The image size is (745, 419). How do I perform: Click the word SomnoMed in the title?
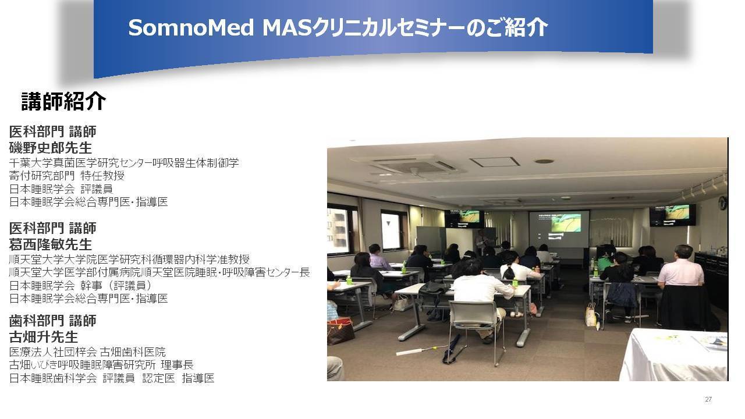point(191,27)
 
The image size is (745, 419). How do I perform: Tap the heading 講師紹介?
point(63,101)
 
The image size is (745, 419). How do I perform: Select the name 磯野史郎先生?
point(50,148)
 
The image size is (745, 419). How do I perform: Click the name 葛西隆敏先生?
point(50,244)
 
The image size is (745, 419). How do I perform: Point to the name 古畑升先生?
point(44,337)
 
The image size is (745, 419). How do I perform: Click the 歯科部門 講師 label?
point(52,321)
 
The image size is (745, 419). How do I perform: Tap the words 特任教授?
point(102,176)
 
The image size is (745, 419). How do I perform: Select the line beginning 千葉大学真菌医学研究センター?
point(124,162)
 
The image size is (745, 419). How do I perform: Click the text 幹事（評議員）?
point(116,285)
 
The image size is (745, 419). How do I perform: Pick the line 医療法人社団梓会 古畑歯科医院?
point(87,351)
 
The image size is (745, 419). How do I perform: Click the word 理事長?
point(177,365)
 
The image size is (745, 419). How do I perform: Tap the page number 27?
point(708,399)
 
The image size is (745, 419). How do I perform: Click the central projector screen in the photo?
point(559,229)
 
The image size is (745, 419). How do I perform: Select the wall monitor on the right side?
point(672,215)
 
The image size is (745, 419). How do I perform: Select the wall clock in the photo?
point(722,203)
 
